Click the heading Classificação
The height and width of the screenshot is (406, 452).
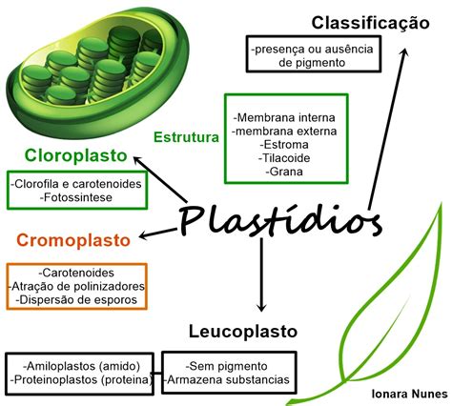[370, 24]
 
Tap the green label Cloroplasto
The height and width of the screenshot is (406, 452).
[76, 155]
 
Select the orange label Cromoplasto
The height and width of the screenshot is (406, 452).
[73, 240]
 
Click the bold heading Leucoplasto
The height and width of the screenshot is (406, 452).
[243, 332]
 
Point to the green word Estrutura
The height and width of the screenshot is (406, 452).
[186, 137]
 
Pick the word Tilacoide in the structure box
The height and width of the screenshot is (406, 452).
[284, 158]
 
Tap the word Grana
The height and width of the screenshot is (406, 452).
[284, 172]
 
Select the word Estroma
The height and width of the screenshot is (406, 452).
[284, 145]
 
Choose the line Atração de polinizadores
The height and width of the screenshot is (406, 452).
[76, 286]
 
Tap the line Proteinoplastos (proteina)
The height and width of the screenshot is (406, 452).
[81, 379]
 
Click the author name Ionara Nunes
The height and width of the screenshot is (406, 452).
[410, 394]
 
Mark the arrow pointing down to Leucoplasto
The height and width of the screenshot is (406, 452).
[261, 274]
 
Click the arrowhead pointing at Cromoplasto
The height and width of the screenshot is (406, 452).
[143, 235]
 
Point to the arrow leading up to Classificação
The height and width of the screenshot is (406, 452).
[387, 129]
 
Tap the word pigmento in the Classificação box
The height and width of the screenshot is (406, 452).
[320, 63]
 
